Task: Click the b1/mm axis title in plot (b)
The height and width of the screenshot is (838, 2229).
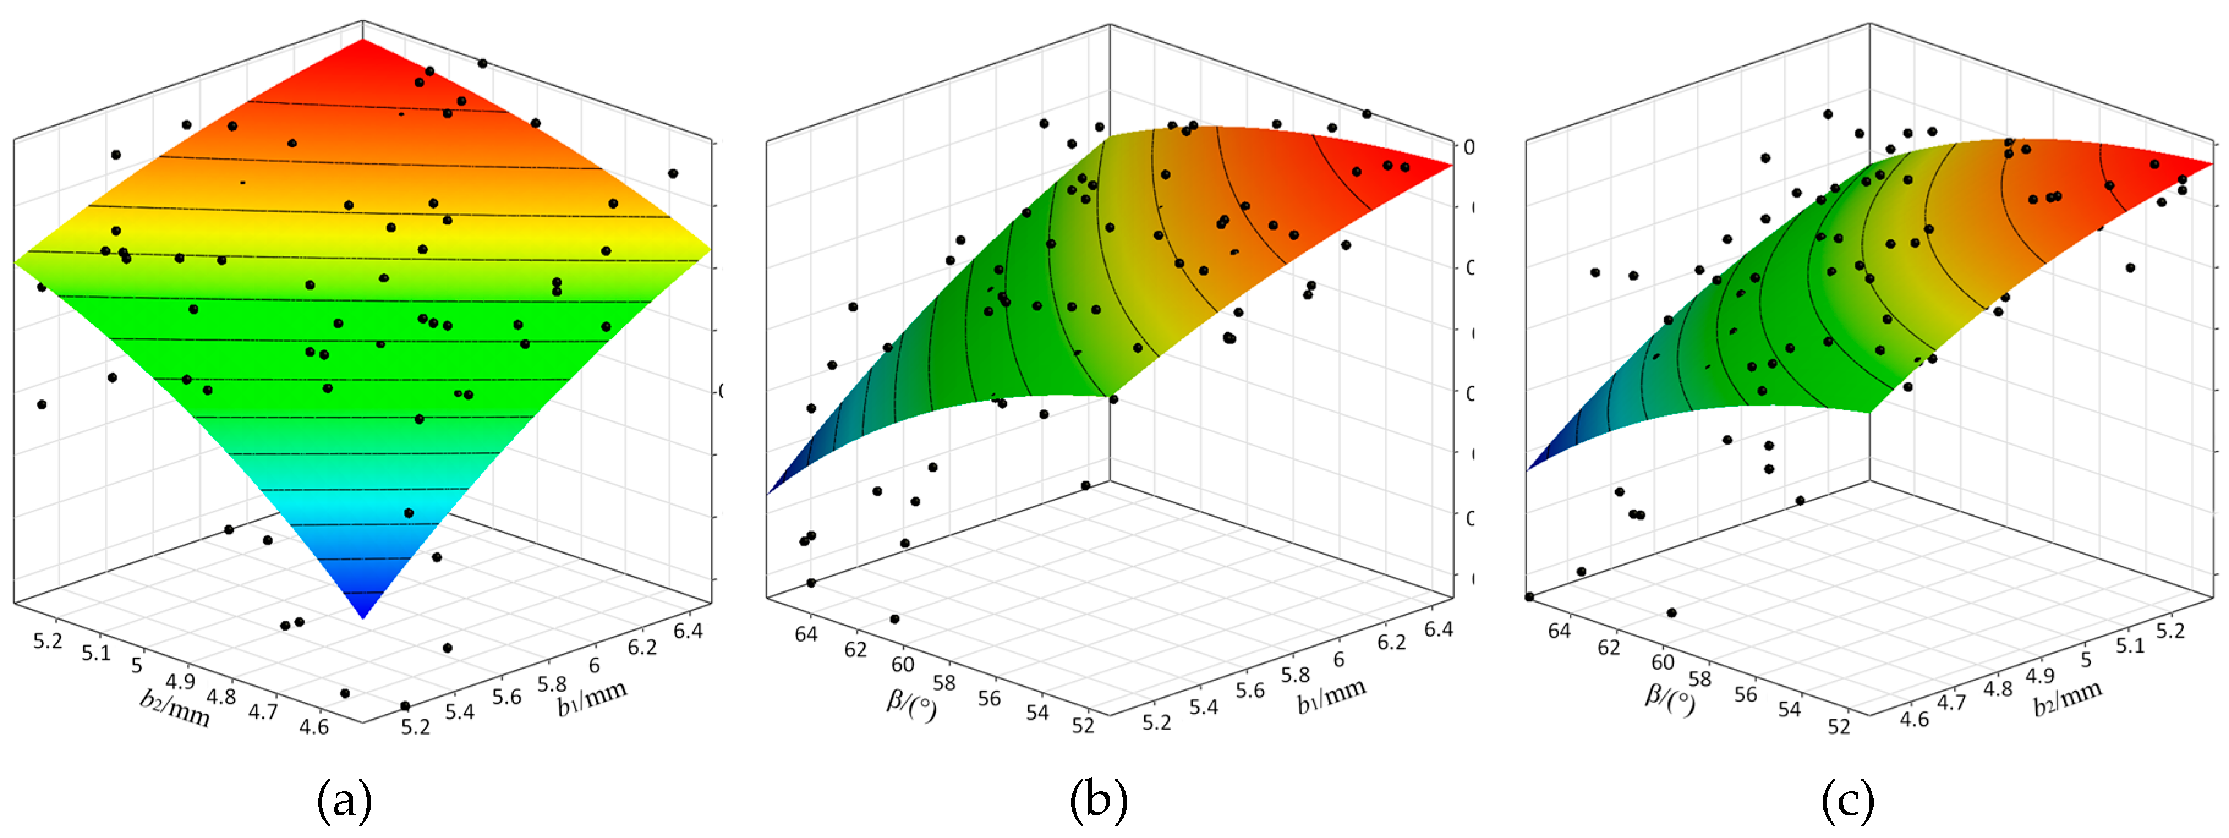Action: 1331,695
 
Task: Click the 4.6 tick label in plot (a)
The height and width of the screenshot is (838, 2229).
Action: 313,725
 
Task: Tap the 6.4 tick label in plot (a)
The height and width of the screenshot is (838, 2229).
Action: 688,630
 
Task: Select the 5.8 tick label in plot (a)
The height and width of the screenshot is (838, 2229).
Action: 552,683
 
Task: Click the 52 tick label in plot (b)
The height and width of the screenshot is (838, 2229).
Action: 1083,725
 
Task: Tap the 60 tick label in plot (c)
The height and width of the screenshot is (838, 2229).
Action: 1662,662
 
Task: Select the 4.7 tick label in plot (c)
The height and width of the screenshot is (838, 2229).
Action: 1951,701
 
